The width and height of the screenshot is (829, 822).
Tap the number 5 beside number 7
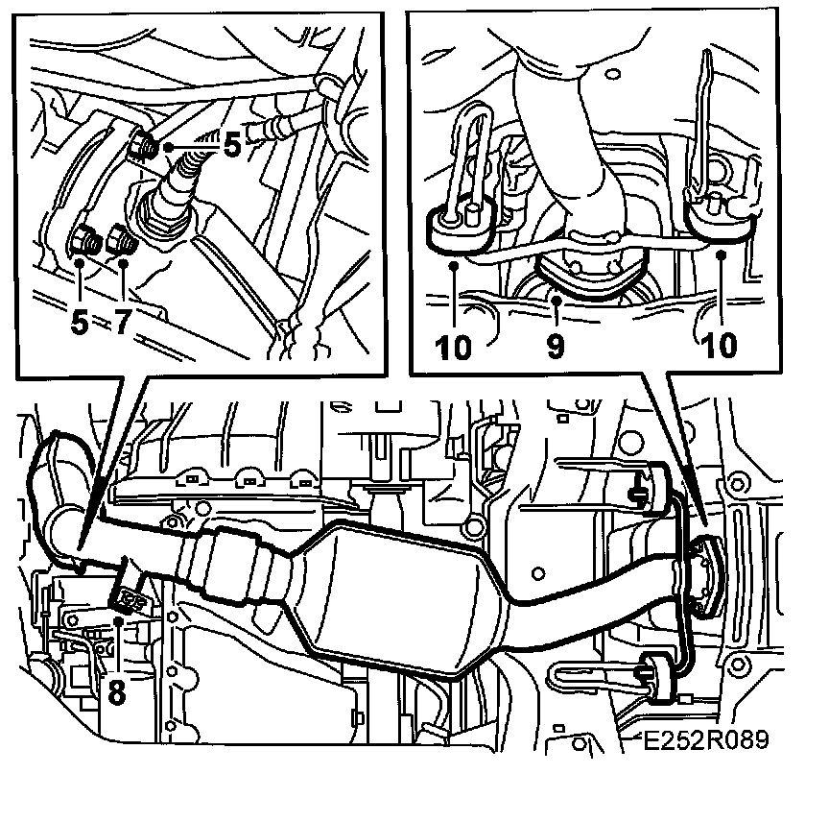80,321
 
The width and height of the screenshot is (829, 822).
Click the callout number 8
116,690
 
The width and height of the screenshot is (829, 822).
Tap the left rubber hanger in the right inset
461,227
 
